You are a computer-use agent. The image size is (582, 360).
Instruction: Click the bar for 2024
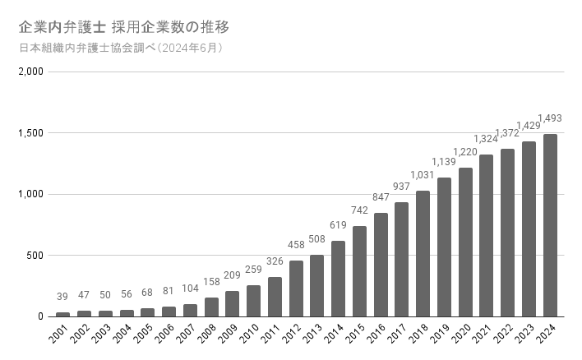point(550,225)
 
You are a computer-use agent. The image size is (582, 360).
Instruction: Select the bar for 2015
point(359,271)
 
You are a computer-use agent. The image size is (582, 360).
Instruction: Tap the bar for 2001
point(62,314)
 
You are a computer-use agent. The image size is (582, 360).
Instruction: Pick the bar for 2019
point(444,247)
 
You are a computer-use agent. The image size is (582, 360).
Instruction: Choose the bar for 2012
point(296,288)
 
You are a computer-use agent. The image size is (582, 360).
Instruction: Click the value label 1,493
point(549,118)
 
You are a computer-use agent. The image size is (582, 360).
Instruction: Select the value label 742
point(359,210)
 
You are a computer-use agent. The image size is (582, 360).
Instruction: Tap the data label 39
point(62,297)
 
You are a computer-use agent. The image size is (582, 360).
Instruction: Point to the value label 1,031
point(423,175)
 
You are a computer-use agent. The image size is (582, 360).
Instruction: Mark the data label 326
point(275,261)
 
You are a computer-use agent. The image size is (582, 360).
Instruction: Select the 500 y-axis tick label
point(34,256)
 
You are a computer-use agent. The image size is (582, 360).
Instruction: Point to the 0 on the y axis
point(39,316)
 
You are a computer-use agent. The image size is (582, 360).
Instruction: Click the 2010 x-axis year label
point(247,336)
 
